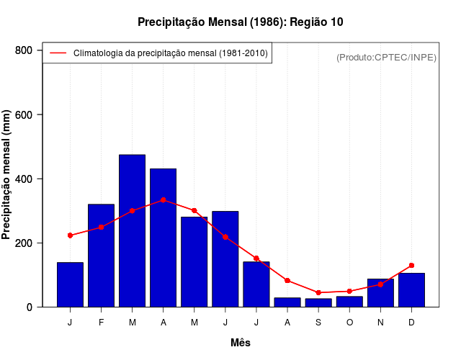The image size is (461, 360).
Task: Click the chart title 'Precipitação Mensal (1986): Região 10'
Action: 240,22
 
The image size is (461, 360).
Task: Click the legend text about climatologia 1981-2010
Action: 171,53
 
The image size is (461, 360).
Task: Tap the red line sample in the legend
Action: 58,53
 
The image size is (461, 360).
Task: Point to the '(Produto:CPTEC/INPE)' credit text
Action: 386,57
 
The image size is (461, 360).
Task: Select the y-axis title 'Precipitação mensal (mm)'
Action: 7,175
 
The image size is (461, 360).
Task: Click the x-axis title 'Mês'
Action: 241,343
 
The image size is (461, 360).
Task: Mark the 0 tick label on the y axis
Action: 30,307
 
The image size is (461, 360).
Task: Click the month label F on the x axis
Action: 102,323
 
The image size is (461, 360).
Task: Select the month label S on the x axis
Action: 318,323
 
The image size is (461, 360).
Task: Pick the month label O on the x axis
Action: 349,323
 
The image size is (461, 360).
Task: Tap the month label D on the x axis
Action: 411,323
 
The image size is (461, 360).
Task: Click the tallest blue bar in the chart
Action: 133,230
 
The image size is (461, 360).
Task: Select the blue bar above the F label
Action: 102,256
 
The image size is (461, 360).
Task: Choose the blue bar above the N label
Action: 380,293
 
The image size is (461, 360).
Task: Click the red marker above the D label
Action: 411,266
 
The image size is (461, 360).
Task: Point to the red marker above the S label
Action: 318,292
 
